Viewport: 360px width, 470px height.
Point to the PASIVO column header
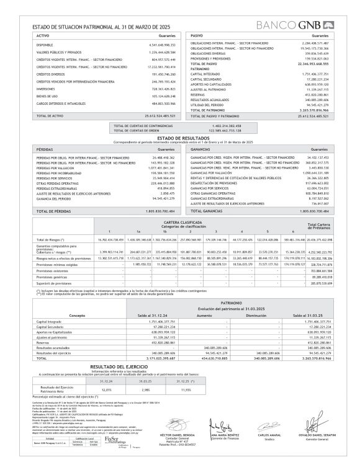197,37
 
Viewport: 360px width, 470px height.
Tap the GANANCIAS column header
202,149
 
